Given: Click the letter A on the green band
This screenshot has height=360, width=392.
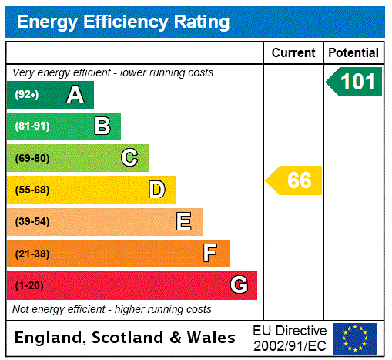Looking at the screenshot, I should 75,95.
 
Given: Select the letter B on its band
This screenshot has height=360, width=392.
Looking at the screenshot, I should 102,126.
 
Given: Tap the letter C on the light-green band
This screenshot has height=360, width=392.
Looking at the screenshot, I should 129,158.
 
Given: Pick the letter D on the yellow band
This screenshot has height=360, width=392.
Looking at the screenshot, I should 156,190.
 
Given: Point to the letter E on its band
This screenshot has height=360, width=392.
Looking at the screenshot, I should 183,222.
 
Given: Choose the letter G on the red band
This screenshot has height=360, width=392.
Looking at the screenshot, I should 239,285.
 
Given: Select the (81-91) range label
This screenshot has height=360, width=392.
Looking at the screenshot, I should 32,126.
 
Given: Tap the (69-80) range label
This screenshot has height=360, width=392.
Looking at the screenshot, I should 32,158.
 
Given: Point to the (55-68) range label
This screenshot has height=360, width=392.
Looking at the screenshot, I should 32,190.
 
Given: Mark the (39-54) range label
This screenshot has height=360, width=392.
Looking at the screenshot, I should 32,222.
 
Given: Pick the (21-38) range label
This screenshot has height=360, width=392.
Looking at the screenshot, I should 32,254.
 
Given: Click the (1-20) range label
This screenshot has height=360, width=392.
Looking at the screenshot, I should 29,285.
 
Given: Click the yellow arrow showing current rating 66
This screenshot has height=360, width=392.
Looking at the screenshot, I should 295,181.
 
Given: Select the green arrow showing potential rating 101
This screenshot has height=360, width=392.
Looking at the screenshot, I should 354,82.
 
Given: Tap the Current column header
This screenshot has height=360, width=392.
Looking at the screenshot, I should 293,53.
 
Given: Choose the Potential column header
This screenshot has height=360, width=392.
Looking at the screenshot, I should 353,53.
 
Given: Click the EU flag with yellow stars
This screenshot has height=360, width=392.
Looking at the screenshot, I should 354,338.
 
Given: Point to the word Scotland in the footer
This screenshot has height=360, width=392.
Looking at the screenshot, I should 130,338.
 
